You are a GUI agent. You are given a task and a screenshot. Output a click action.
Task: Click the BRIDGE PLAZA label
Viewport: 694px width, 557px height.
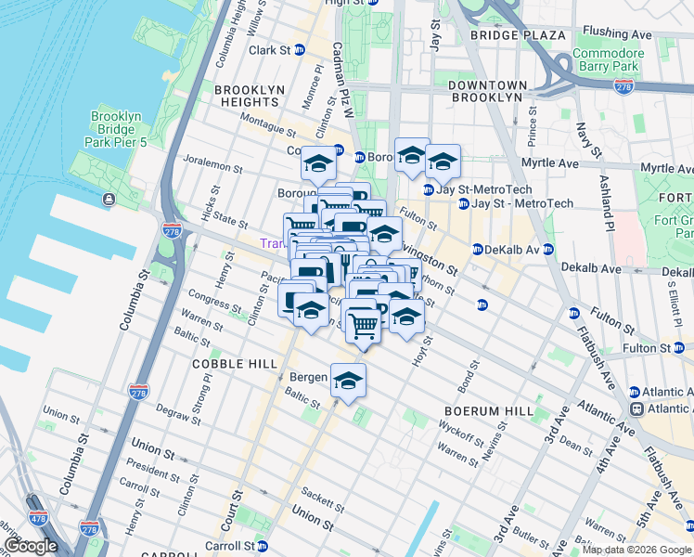pyautogui.click(x=517, y=35)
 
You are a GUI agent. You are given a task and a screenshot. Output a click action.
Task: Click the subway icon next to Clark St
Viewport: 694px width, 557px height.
pyautogui.click(x=300, y=50)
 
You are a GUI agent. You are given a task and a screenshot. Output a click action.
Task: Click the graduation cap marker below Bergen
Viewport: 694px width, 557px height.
pyautogui.click(x=349, y=381)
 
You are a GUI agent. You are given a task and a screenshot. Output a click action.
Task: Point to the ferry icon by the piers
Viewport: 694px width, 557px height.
pyautogui.click(x=109, y=200)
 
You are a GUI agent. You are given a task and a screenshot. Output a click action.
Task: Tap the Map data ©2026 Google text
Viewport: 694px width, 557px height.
pyautogui.click(x=636, y=550)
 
